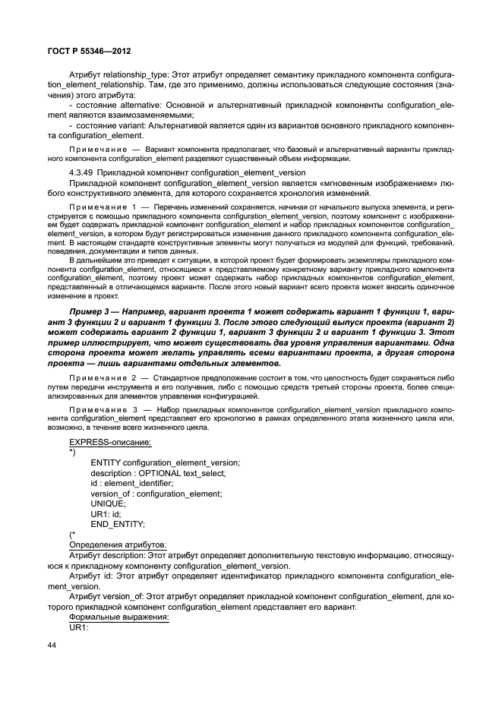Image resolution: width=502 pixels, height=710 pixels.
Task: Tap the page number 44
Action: point(52,646)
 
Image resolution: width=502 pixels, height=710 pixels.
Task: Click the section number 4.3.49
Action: point(82,172)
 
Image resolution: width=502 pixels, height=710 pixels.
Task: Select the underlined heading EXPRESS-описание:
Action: point(110,441)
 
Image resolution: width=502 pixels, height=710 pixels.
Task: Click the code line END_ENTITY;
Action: point(117,524)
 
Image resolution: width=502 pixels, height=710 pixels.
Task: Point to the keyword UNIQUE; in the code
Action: point(108,503)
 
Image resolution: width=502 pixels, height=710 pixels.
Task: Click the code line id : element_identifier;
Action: point(131,483)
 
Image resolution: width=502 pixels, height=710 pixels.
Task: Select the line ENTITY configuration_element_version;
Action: point(165,462)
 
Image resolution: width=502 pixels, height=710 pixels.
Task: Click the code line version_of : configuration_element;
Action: point(156,494)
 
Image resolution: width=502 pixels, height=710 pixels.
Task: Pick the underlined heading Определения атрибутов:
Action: point(118,545)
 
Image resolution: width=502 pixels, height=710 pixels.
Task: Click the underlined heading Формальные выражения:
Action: point(119,618)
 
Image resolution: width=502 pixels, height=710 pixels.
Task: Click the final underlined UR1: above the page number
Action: point(79,629)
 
